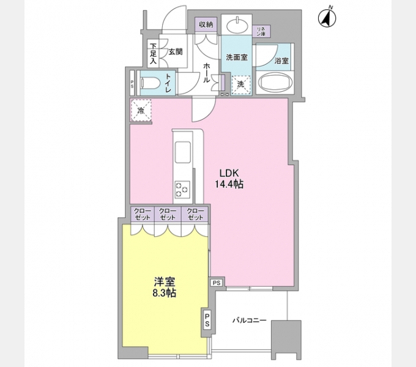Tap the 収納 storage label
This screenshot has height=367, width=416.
coord(206,24)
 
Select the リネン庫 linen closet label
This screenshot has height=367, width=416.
coord(261,30)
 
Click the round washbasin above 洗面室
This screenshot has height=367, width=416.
coord(236,26)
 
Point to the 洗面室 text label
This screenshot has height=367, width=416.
coord(236,57)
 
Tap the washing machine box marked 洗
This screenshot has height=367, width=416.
coord(240,83)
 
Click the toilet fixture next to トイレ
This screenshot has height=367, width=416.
coord(149,82)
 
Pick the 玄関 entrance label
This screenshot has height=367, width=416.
coord(176,52)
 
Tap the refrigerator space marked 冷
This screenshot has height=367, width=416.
coord(141,111)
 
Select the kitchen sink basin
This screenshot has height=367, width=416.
coord(183,150)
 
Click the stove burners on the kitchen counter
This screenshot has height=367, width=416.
coord(183,189)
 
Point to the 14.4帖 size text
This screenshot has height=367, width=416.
coord(229,183)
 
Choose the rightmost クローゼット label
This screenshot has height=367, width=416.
coord(195,214)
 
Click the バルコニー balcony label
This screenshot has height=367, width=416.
coord(249,321)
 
